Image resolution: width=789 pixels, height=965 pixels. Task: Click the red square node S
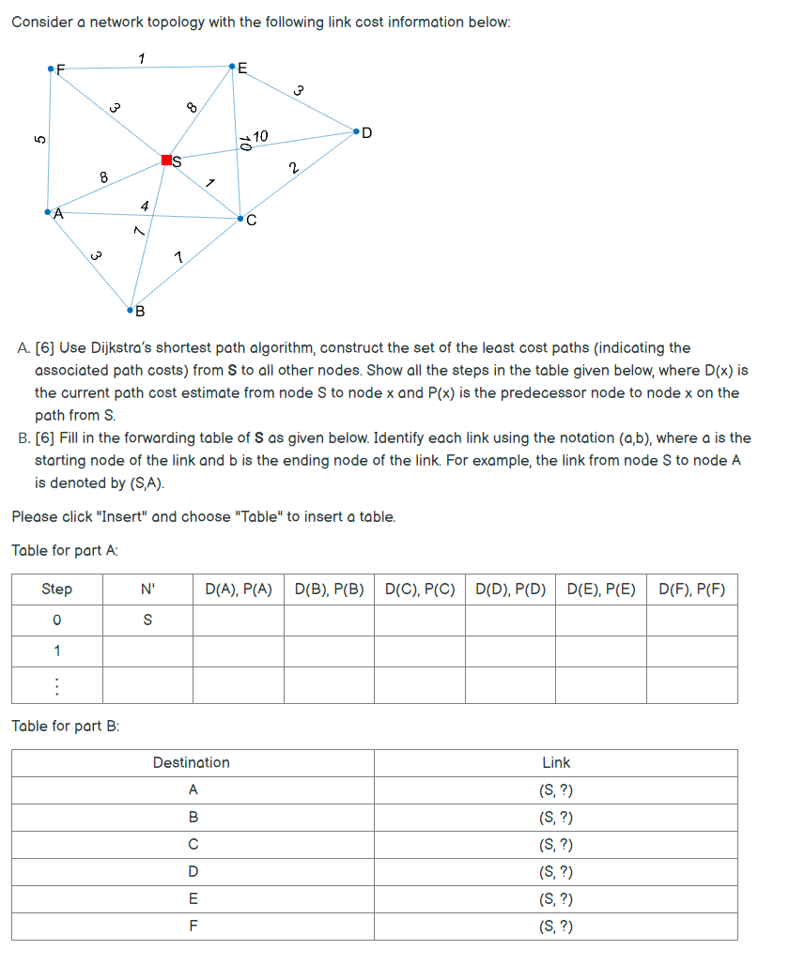pyautogui.click(x=166, y=160)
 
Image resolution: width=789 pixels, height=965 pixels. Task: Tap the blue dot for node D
pyautogui.click(x=356, y=132)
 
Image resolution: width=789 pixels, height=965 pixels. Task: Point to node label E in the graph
pyautogui.click(x=243, y=68)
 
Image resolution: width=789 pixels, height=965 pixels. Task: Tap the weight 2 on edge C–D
pyautogui.click(x=294, y=169)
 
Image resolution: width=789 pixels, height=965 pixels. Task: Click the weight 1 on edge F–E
pyautogui.click(x=141, y=59)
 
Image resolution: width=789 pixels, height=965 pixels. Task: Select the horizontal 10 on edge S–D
pyautogui.click(x=260, y=137)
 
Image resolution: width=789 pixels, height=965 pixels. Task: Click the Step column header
pyautogui.click(x=56, y=590)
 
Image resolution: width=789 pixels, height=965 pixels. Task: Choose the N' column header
pyautogui.click(x=147, y=590)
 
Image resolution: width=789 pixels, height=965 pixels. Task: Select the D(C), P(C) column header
pyautogui.click(x=420, y=590)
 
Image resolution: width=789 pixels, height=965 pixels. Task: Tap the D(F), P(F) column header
pyautogui.click(x=692, y=590)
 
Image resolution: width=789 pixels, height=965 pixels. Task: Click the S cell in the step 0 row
pyautogui.click(x=147, y=620)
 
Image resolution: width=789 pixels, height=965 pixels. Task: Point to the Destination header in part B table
pyautogui.click(x=192, y=762)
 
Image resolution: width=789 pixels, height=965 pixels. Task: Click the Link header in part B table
pyautogui.click(x=556, y=762)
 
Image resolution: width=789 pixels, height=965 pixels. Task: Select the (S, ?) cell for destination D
pyautogui.click(x=556, y=872)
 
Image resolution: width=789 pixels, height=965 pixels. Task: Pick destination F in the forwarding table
pyautogui.click(x=193, y=927)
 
